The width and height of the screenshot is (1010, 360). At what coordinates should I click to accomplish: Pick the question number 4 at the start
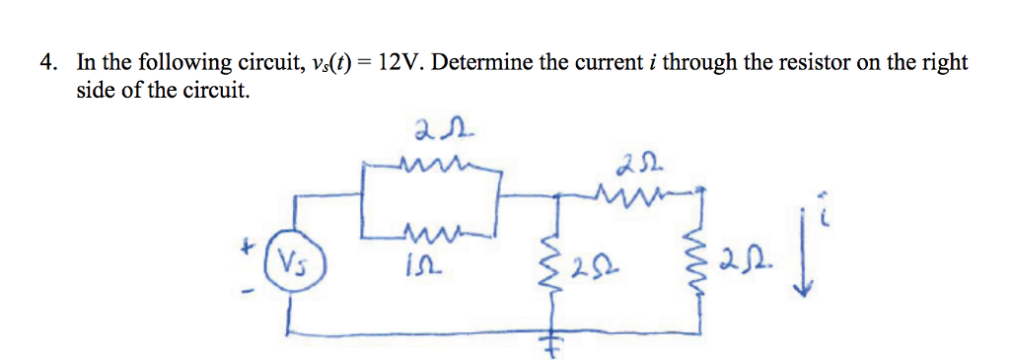[47, 63]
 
